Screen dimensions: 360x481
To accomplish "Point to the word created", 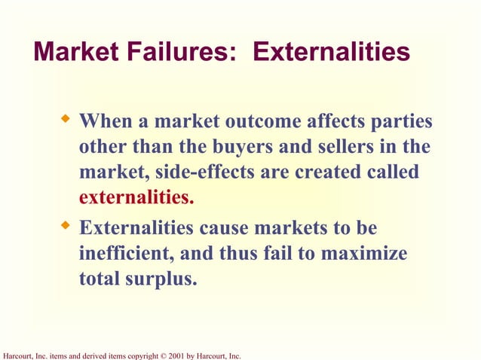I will pyautogui.click(x=327, y=172).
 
